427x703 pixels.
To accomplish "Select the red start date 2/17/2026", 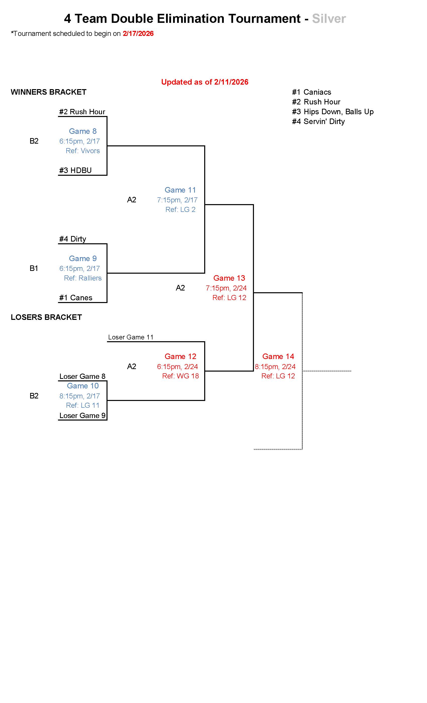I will (x=138, y=34).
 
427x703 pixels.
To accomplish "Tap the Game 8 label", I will (x=83, y=131).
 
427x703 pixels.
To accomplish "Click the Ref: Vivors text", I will (x=83, y=151).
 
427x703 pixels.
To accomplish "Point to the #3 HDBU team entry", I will (x=75, y=170).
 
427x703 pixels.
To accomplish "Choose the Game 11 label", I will (x=180, y=190).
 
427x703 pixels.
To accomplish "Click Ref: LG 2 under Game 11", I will (x=180, y=210).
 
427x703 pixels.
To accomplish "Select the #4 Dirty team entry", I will (x=73, y=239).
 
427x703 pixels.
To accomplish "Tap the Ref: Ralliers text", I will (x=83, y=278).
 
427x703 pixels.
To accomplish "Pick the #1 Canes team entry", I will (x=76, y=298).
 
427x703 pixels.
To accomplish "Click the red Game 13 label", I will (x=229, y=278).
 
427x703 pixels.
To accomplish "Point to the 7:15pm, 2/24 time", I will (x=226, y=288).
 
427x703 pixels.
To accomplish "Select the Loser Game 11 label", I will (x=131, y=337).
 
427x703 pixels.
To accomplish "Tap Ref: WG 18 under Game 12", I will (x=180, y=376).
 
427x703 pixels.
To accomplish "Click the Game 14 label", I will (x=278, y=357).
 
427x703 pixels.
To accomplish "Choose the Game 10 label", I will (x=83, y=386).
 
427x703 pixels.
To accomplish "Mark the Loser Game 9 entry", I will (x=82, y=416).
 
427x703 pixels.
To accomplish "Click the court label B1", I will (x=34, y=268).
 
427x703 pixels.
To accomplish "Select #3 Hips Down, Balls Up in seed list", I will (x=333, y=112).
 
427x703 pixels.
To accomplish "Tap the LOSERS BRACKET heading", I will (x=46, y=317).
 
